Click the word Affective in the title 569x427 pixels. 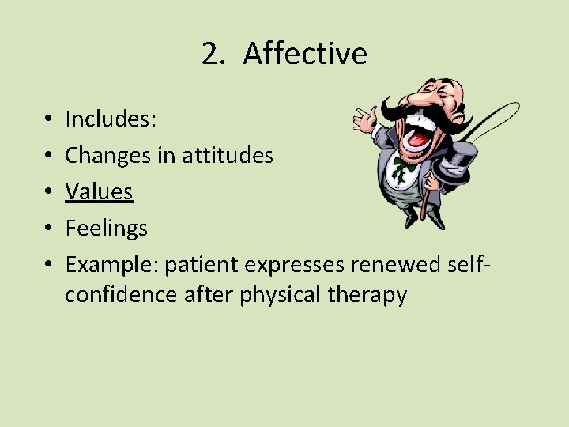[305, 54]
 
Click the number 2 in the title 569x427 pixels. [210, 54]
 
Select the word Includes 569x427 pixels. [111, 119]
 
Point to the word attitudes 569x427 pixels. [228, 155]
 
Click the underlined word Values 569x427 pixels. [99, 191]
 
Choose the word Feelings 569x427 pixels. [106, 229]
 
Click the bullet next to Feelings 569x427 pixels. [50, 229]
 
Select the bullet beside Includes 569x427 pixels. [50, 119]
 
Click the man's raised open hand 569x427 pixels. [366, 118]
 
